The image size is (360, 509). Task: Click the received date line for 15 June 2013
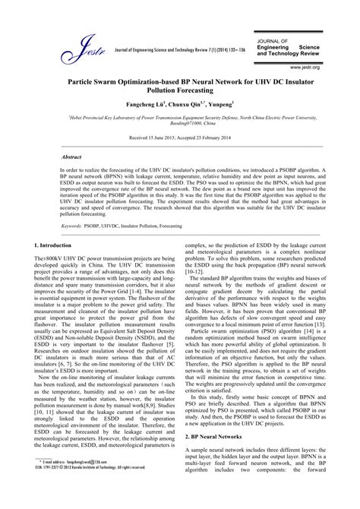click(x=180, y=139)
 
